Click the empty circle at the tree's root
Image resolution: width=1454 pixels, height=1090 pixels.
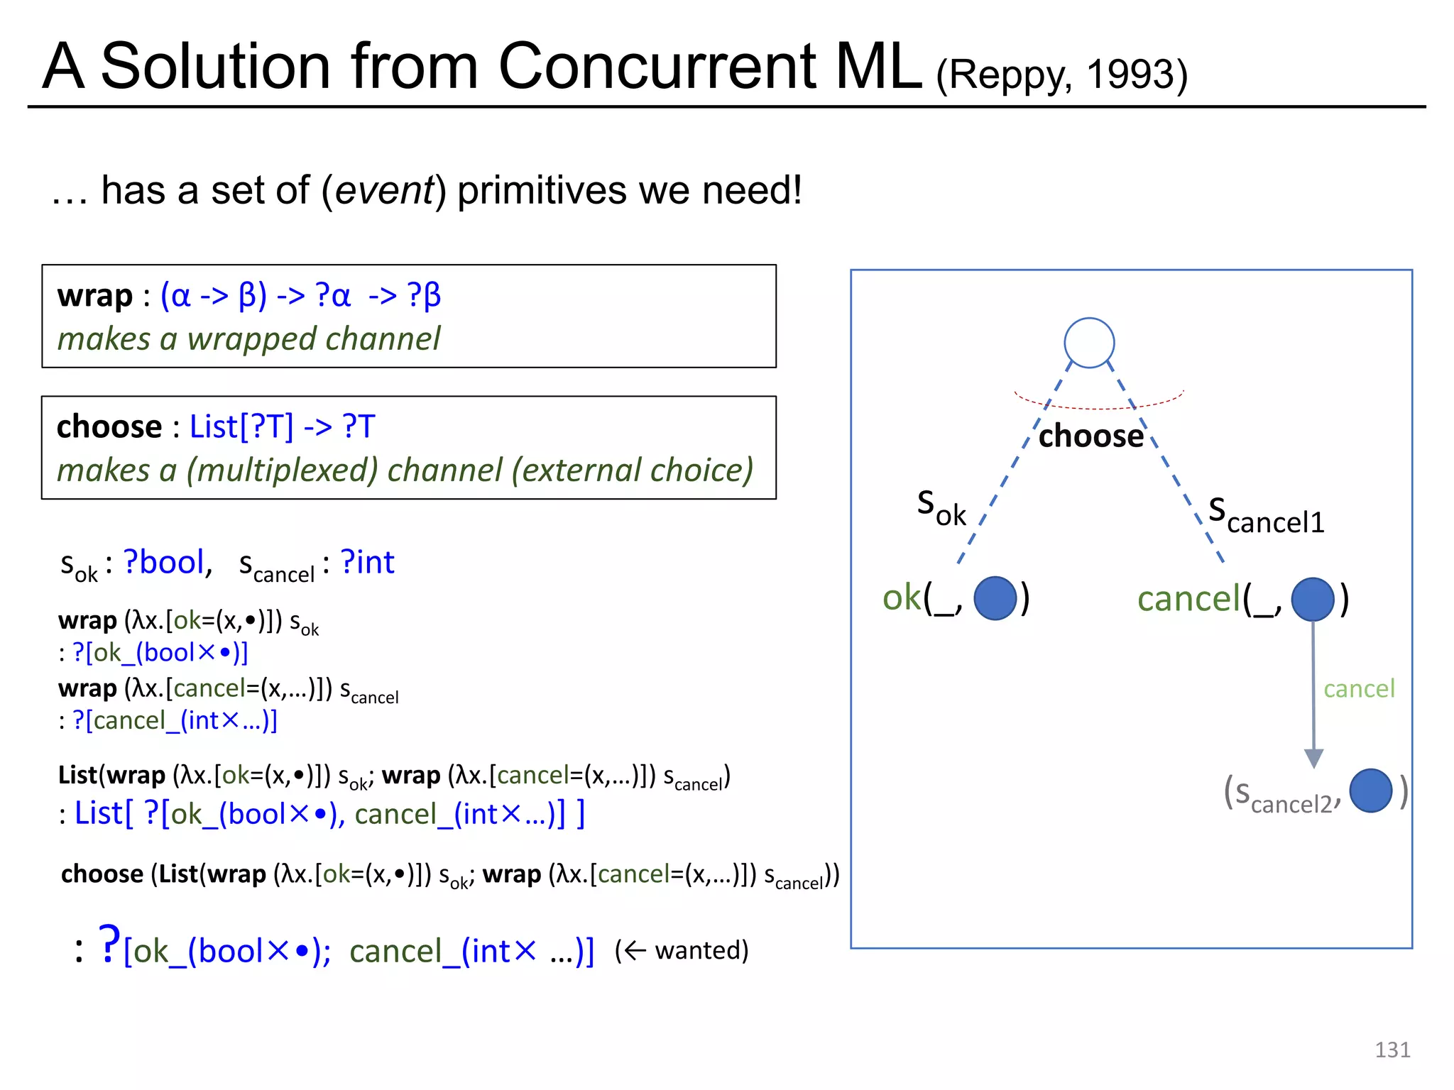click(x=1089, y=343)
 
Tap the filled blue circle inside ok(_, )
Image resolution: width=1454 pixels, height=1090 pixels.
click(x=995, y=598)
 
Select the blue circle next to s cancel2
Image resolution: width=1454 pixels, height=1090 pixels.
click(x=1370, y=791)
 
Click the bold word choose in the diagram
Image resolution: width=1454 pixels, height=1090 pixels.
click(x=1090, y=436)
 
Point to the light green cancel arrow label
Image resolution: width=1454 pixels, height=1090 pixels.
click(x=1359, y=688)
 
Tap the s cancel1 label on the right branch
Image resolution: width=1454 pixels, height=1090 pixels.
click(x=1266, y=516)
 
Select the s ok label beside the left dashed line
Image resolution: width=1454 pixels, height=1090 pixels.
click(x=941, y=508)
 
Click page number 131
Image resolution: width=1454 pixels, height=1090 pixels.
click(x=1392, y=1050)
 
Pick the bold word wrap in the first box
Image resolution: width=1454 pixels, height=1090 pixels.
click(x=95, y=295)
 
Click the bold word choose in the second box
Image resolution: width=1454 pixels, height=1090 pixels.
click(x=109, y=426)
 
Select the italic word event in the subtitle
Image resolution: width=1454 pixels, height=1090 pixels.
click(x=383, y=190)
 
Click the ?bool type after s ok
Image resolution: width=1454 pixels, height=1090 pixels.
click(x=165, y=562)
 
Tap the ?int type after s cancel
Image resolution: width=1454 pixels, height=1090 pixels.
click(x=367, y=562)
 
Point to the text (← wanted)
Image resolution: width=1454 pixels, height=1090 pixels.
click(x=682, y=949)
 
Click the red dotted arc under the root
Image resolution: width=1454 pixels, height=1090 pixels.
click(x=1098, y=407)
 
